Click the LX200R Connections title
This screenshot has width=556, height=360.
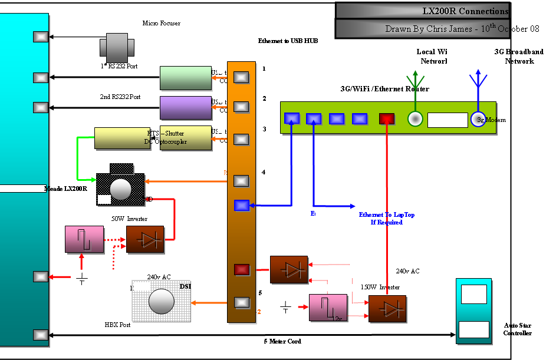[x=465, y=11]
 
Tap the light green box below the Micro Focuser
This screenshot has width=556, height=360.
[x=186, y=78]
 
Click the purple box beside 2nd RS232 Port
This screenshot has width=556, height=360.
[x=186, y=108]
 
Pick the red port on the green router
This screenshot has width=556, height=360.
[x=386, y=119]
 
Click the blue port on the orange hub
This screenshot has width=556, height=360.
[x=242, y=206]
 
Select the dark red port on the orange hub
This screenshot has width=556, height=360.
[x=242, y=270]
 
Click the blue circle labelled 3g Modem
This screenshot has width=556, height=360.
[x=478, y=119]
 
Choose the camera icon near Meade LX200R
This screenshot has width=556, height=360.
[x=121, y=186]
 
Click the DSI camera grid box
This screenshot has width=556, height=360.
[x=162, y=302]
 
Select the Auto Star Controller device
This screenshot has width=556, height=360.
[x=473, y=311]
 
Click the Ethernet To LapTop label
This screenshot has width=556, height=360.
[x=386, y=219]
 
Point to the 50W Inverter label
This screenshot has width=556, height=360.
[x=129, y=219]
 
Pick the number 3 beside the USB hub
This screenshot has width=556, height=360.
[x=264, y=129]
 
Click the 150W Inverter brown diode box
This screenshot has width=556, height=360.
[x=387, y=309]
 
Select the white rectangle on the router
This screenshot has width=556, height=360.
[x=448, y=120]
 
